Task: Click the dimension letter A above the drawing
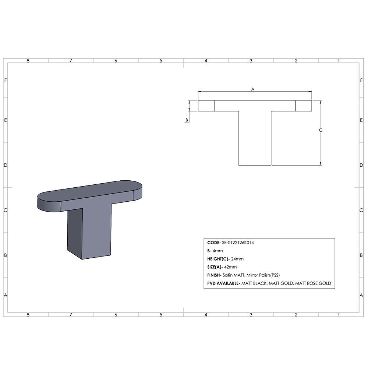(252, 89)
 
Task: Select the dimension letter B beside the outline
(187, 120)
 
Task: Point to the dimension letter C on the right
(321, 130)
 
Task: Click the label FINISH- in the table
(214, 275)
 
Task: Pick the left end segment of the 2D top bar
(206, 106)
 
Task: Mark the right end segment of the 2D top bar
(304, 106)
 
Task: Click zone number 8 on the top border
(28, 61)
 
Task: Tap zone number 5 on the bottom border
(161, 315)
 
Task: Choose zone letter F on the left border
(5, 80)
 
